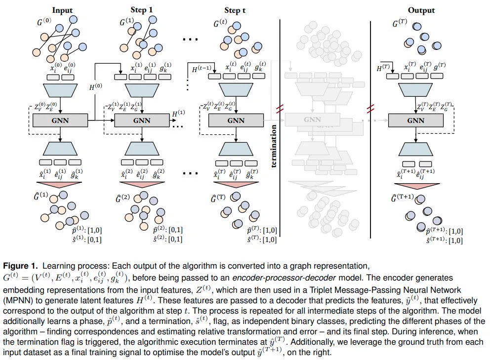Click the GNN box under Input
tap(60, 120)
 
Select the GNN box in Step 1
tap(142, 120)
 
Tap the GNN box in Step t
tap(236, 120)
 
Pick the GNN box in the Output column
tap(415, 120)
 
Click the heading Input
tap(62, 10)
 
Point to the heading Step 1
tap(142, 10)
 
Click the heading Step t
tap(235, 10)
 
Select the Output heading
tap(421, 10)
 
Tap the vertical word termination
tap(274, 146)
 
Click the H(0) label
tap(96, 86)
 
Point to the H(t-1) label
tap(202, 69)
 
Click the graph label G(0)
tap(44, 22)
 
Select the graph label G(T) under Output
tap(400, 23)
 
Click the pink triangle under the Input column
tap(59, 185)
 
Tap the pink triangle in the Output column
tap(417, 186)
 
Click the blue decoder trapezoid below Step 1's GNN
tap(142, 149)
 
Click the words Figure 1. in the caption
tap(20, 266)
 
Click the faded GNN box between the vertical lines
tap(312, 120)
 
